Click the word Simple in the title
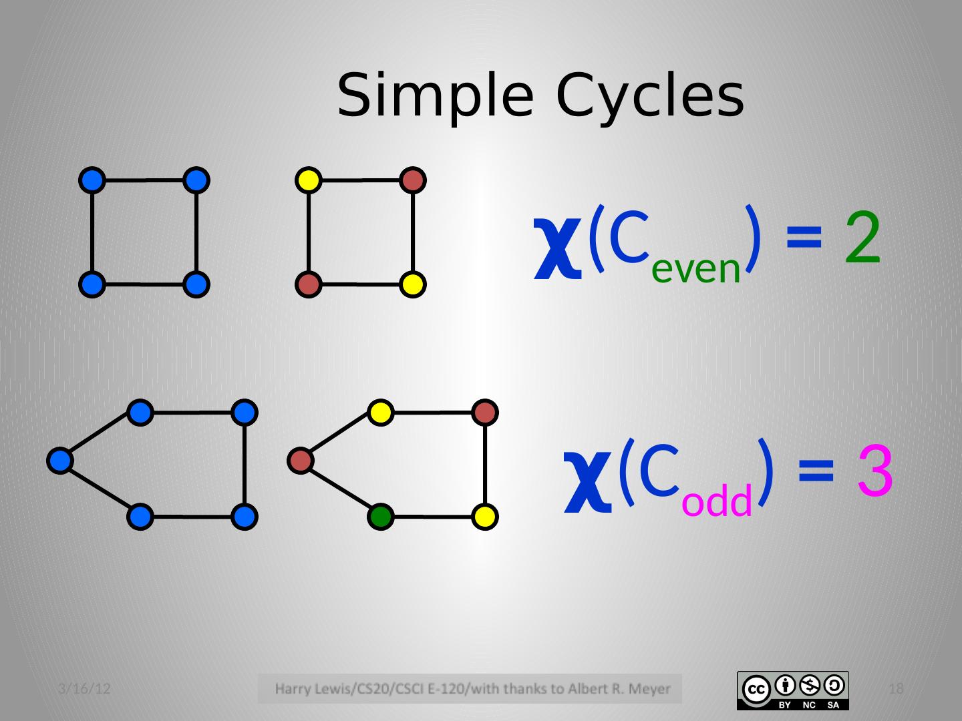pyautogui.click(x=435, y=95)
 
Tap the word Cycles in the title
pyautogui.click(x=649, y=95)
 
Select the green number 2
pyautogui.click(x=862, y=238)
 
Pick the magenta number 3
pyautogui.click(x=875, y=472)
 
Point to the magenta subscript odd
pyautogui.click(x=717, y=501)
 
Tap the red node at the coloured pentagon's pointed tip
pyautogui.click(x=301, y=461)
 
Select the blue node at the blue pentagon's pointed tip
pyautogui.click(x=60, y=461)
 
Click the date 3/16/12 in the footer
pyautogui.click(x=84, y=689)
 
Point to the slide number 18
pyautogui.click(x=897, y=689)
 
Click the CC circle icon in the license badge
pyautogui.click(x=756, y=688)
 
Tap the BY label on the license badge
pyautogui.click(x=786, y=705)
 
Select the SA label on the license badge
pyautogui.click(x=833, y=705)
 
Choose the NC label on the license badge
pyautogui.click(x=809, y=705)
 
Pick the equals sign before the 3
pyautogui.click(x=816, y=472)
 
